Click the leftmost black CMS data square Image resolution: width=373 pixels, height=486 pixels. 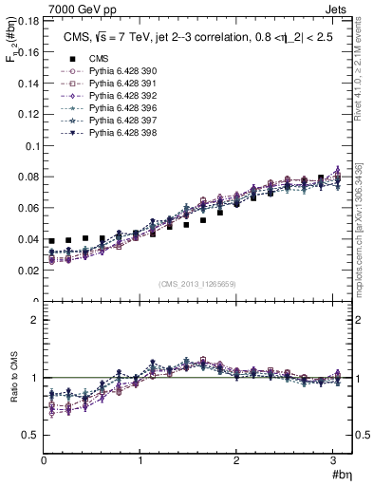pos(52,242)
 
